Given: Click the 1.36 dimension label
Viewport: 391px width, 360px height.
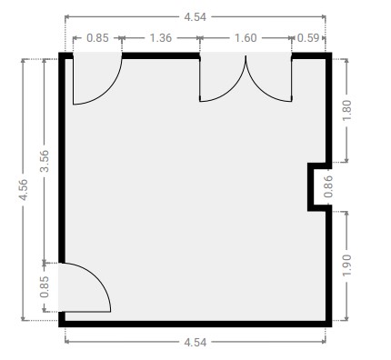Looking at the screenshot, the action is pyautogui.click(x=161, y=38).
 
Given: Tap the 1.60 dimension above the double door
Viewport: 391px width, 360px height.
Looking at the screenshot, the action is pyautogui.click(x=246, y=38).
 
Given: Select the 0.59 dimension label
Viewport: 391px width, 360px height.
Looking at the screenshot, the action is pyautogui.click(x=308, y=38).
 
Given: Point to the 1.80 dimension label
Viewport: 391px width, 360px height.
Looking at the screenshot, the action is pyautogui.click(x=346, y=110).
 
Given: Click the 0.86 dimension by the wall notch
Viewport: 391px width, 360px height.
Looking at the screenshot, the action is pyautogui.click(x=328, y=186).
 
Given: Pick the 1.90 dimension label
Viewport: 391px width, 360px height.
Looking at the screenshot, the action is pyautogui.click(x=346, y=265).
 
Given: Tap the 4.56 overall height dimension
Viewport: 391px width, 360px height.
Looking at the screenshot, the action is pyautogui.click(x=23, y=190).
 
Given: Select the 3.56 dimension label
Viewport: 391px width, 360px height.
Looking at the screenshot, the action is pyautogui.click(x=45, y=161).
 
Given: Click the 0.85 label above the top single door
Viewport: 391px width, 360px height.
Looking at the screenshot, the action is pyautogui.click(x=97, y=38).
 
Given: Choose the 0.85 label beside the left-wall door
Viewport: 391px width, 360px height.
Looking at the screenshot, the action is pyautogui.click(x=45, y=287).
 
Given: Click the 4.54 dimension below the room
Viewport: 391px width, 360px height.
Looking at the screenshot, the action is pyautogui.click(x=195, y=343).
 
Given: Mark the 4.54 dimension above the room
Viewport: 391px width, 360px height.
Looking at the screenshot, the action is pyautogui.click(x=195, y=17).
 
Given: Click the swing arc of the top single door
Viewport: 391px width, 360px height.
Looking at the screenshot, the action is pyautogui.click(x=107, y=90).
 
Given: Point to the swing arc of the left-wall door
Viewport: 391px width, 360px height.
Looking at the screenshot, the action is pyautogui.click(x=96, y=277).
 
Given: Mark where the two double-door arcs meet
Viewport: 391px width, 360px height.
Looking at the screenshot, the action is pyautogui.click(x=246, y=56).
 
